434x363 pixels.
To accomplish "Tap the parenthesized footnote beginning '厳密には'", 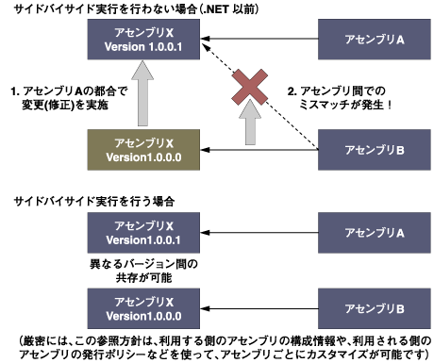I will [x=216, y=344].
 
